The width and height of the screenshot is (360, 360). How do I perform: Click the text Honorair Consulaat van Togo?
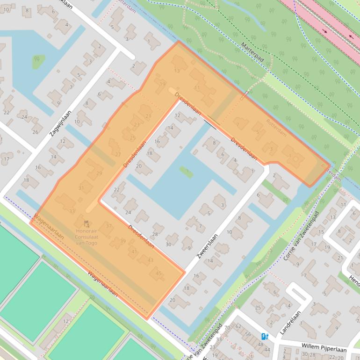click(86, 237)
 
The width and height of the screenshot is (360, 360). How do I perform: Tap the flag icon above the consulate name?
click(86, 224)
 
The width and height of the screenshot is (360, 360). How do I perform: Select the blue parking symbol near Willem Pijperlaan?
click(265, 336)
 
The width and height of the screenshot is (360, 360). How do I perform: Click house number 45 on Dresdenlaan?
click(158, 274)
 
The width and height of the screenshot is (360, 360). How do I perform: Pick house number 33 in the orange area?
click(72, 211)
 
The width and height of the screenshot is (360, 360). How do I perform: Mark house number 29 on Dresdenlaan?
click(99, 173)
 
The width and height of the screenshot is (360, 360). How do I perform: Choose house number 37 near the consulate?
click(109, 226)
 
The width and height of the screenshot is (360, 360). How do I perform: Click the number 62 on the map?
click(238, 326)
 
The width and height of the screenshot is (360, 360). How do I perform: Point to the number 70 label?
click(227, 328)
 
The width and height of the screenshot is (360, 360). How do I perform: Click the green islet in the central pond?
click(186, 172)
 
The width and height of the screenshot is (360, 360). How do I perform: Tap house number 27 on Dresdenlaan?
click(117, 155)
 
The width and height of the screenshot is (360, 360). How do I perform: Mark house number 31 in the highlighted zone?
click(81, 188)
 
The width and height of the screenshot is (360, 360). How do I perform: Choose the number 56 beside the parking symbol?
click(248, 335)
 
